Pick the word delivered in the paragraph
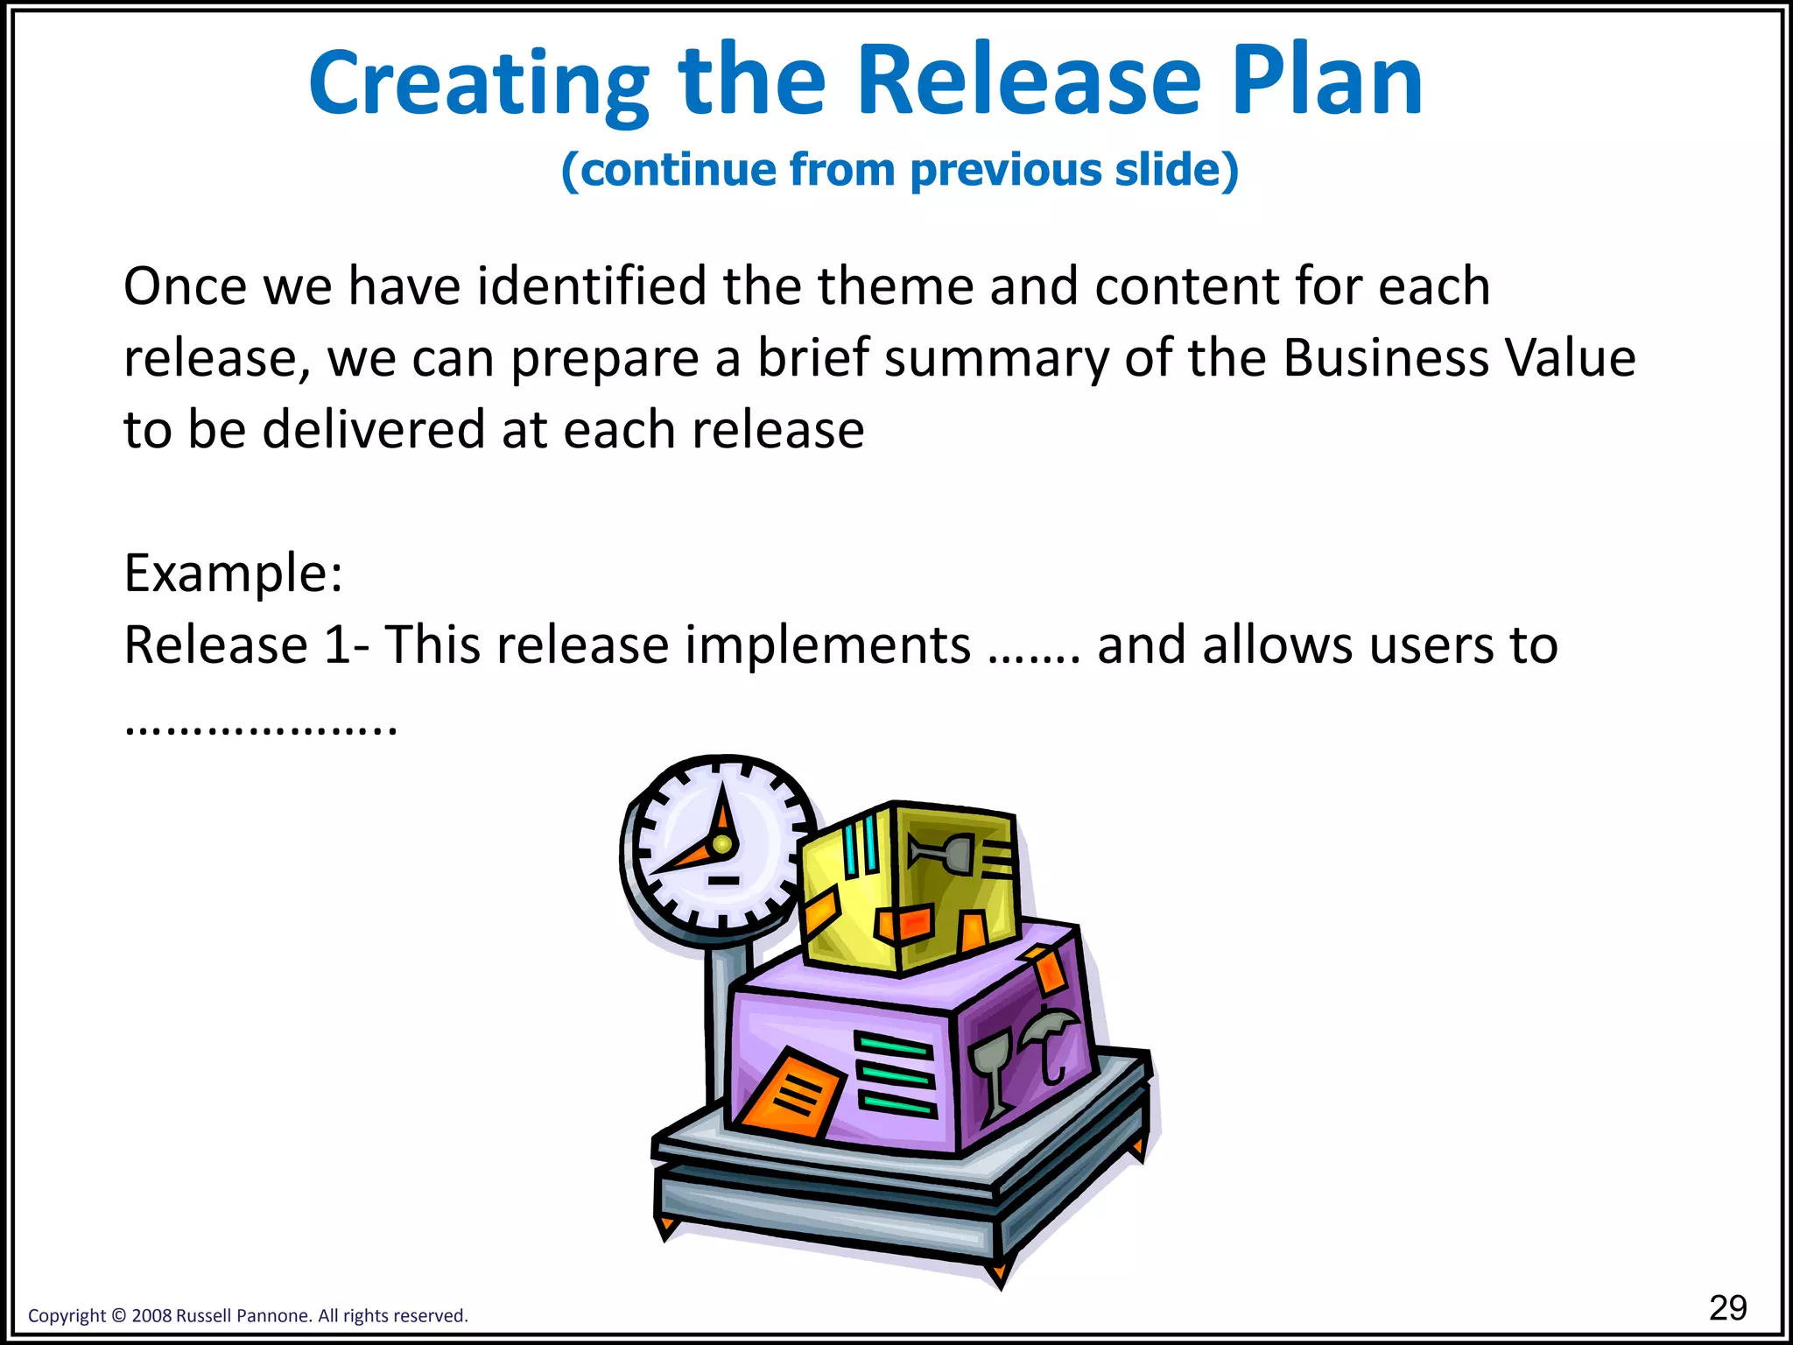tap(374, 430)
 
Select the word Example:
tap(233, 574)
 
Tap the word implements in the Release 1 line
tap(827, 645)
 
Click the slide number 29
tap(1727, 1307)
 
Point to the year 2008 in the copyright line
tap(151, 1316)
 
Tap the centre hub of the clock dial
tap(722, 844)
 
